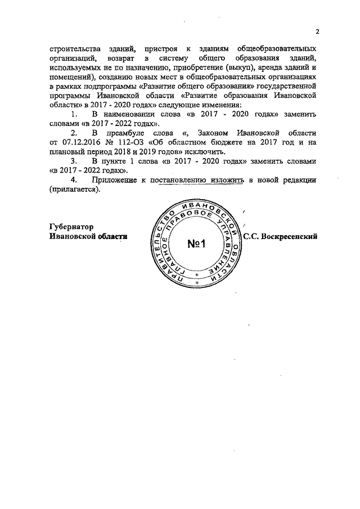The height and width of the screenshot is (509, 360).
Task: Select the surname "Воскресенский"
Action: tap(291, 237)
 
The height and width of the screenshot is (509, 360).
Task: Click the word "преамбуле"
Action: tap(115, 133)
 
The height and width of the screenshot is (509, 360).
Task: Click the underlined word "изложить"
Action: tap(233, 180)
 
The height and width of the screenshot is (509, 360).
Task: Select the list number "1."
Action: tap(73, 115)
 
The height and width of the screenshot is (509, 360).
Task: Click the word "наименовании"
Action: tap(127, 115)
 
